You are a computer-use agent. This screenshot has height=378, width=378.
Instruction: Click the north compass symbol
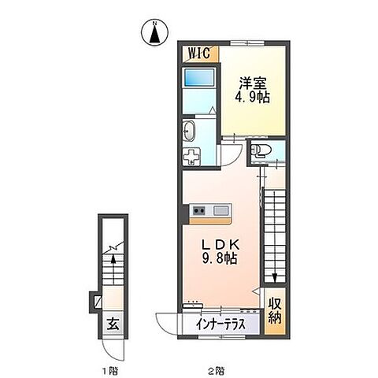tap(154, 34)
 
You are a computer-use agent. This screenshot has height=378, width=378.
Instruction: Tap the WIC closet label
tap(198, 55)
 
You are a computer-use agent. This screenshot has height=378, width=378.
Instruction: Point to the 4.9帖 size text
tap(249, 99)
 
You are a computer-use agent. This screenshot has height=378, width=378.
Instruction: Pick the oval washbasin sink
tap(191, 130)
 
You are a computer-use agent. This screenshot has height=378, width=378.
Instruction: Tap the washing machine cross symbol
tap(191, 155)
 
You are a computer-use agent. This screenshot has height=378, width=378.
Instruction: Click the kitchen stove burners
tap(198, 210)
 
